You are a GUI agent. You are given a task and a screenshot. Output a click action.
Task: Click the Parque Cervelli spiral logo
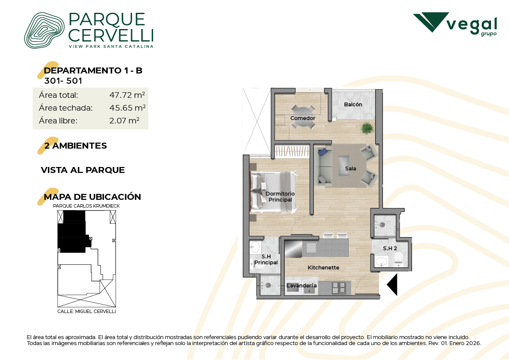(x=44, y=30)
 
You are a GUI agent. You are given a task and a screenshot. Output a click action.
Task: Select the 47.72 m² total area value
(x=127, y=95)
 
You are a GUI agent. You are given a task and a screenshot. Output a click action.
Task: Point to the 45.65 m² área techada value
(x=127, y=108)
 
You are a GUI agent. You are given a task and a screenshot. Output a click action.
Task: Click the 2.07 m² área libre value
(x=124, y=121)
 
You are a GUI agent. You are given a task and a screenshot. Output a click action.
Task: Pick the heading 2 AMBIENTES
(x=75, y=146)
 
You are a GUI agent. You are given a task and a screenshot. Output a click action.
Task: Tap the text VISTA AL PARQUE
(x=83, y=170)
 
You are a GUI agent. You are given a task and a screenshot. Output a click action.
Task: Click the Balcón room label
(x=353, y=105)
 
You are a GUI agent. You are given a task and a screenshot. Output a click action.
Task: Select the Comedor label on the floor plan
(x=303, y=118)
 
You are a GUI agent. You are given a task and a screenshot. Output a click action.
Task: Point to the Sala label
(x=350, y=169)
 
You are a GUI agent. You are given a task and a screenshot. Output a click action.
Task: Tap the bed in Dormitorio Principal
(x=274, y=192)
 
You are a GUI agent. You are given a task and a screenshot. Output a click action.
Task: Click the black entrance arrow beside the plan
(x=392, y=284)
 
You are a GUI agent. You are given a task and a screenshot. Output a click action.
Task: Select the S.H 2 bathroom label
(x=390, y=249)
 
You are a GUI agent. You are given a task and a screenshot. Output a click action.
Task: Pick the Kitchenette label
(x=324, y=268)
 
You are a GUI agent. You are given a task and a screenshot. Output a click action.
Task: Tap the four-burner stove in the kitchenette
(x=339, y=288)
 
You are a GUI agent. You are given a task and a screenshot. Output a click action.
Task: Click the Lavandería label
(x=302, y=285)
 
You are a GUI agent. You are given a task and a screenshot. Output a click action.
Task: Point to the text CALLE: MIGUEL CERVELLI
(x=87, y=311)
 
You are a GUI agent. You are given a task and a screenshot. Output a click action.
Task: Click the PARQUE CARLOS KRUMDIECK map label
(x=86, y=206)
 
